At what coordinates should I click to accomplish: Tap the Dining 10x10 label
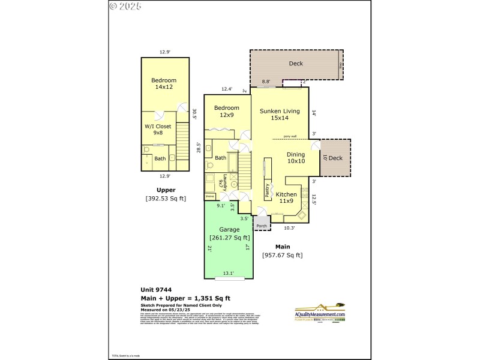(x=295, y=157)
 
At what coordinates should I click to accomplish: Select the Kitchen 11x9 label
(x=286, y=197)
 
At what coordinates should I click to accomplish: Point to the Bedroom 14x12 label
(x=163, y=83)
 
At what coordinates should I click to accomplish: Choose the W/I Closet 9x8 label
(x=158, y=129)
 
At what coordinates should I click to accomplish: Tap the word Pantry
(x=267, y=191)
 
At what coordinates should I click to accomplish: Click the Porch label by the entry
(x=262, y=226)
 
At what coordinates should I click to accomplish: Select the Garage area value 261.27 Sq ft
(x=229, y=238)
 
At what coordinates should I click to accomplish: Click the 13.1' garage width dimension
(x=229, y=274)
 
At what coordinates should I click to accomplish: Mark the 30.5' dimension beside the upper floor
(x=194, y=112)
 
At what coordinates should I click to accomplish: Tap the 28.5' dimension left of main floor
(x=199, y=147)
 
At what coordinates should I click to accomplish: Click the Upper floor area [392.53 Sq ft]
(x=165, y=198)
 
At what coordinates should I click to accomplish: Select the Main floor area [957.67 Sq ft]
(x=282, y=255)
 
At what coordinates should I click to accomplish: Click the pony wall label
(x=290, y=136)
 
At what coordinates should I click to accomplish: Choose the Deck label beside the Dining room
(x=335, y=158)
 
